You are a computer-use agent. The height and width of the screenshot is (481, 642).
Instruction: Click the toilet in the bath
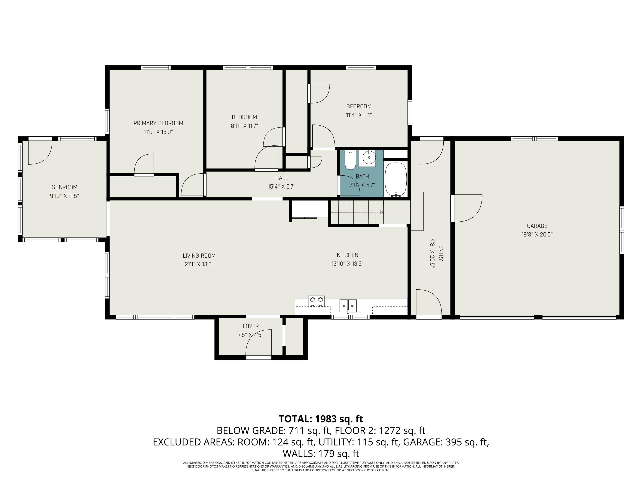pos(350,160)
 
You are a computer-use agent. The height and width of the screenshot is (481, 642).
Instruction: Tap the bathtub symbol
pos(396,180)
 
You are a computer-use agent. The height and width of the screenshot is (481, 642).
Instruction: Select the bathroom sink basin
pos(369,157)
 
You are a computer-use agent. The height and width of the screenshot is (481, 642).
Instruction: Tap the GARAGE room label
pos(537,226)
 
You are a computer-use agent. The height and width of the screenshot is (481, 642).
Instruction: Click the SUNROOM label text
pos(64,187)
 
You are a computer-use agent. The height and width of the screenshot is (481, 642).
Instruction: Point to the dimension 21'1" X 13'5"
pos(199,264)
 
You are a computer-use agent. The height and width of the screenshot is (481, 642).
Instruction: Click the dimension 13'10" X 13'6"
pos(347,264)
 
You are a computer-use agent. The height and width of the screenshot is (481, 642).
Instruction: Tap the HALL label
pos(282,178)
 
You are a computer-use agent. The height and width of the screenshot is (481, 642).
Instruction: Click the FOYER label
pos(250,326)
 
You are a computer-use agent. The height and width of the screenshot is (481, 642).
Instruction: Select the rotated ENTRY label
pos(441,253)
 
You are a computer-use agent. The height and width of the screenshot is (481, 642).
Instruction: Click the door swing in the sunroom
pos(40,152)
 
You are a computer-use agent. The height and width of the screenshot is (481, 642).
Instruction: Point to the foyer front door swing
pos(259,343)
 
